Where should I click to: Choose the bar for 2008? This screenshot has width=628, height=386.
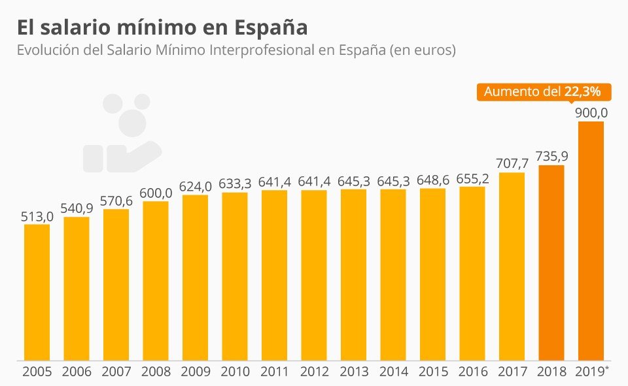click(x=156, y=281)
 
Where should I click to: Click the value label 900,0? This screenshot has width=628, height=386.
click(x=591, y=112)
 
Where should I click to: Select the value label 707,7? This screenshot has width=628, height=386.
click(x=512, y=163)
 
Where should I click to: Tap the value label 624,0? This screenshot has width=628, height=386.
click(x=195, y=185)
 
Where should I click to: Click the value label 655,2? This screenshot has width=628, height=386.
click(x=472, y=178)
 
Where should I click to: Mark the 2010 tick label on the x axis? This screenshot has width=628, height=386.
click(x=235, y=372)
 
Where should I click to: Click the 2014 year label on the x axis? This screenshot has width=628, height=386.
click(x=393, y=372)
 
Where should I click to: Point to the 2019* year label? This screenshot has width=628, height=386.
click(x=592, y=372)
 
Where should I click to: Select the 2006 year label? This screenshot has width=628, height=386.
click(x=77, y=372)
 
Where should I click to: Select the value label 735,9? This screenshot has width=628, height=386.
click(x=551, y=156)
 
